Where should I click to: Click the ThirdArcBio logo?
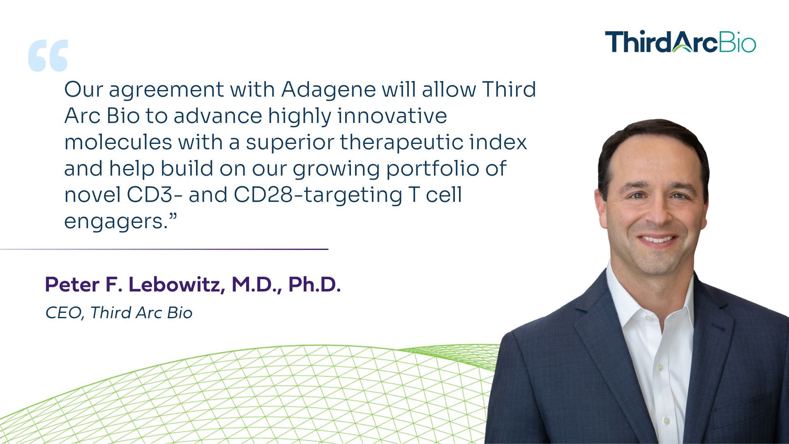tap(680, 42)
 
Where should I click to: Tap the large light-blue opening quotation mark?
tap(48, 55)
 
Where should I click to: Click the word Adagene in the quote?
tap(328, 90)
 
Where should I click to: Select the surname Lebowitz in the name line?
tap(177, 285)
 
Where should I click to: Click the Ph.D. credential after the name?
tap(314, 285)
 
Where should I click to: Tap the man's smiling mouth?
tap(657, 239)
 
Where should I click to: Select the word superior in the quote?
tap(289, 142)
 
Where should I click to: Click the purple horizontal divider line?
tap(164, 249)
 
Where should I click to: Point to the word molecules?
tap(118, 142)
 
